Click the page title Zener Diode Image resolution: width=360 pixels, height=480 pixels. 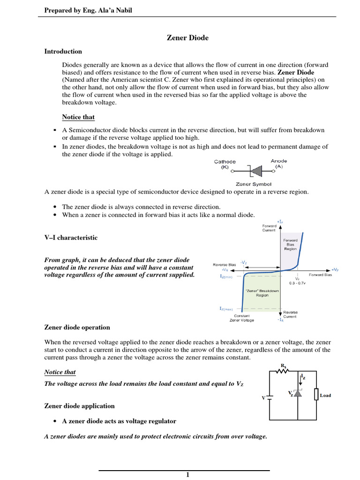[x=187, y=38]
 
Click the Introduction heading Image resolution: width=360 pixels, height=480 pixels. [x=63, y=52]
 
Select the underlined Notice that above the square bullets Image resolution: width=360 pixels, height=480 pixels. [x=78, y=117]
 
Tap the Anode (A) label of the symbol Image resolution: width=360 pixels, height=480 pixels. [x=279, y=164]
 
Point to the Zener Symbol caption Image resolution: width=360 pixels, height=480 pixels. [x=254, y=184]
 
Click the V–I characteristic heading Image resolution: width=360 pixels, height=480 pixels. [x=71, y=238]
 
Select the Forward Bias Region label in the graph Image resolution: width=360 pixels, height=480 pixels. [x=291, y=245]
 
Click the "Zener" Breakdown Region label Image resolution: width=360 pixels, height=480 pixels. [x=262, y=293]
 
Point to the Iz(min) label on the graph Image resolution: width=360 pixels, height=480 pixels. [x=226, y=277]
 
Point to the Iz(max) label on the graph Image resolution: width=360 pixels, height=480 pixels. [x=226, y=308]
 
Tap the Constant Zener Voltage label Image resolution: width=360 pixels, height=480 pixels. [x=241, y=318]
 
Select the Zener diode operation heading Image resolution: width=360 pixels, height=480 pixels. [x=77, y=327]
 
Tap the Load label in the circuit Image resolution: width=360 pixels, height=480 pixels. [x=325, y=396]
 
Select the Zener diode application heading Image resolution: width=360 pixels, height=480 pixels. [x=79, y=406]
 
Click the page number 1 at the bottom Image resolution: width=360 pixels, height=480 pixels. [x=187, y=475]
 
